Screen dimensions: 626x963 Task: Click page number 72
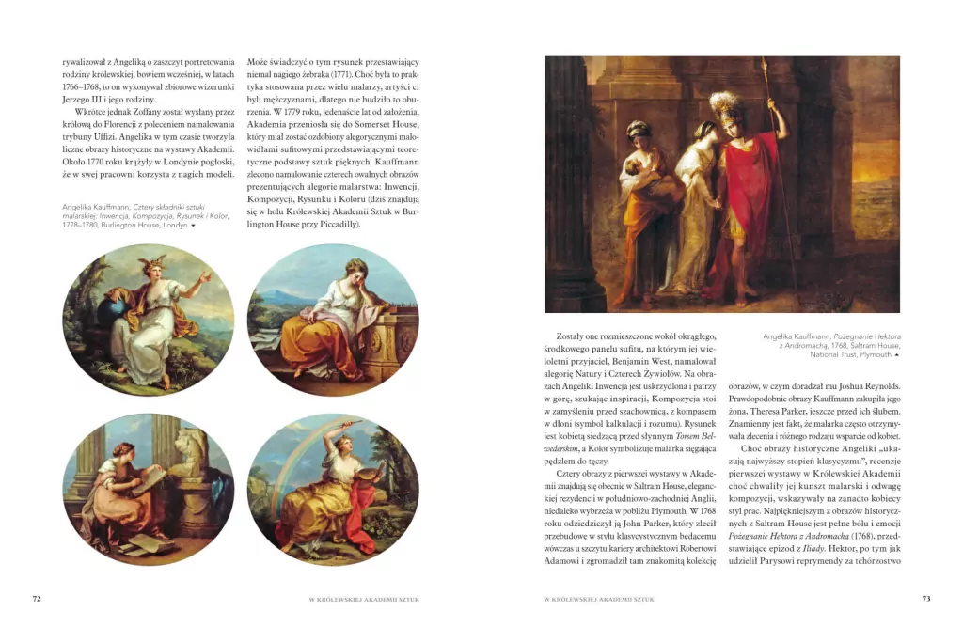[37, 599]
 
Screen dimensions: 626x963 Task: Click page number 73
[925, 599]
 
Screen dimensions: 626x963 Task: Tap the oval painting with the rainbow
[333, 489]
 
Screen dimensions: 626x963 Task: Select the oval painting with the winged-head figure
[148, 320]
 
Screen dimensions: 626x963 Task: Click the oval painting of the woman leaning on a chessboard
[333, 320]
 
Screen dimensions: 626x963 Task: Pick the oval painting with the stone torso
[148, 489]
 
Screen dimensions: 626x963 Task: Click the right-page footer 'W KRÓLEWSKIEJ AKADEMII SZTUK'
[600, 599]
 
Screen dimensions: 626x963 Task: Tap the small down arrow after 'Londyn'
[194, 226]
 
